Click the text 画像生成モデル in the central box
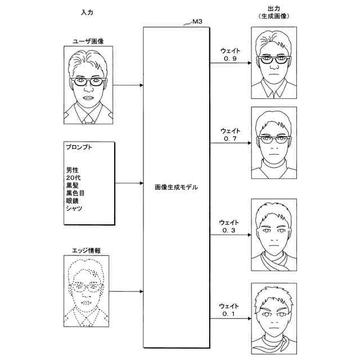[x=176, y=186]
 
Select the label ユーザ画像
[x=88, y=41]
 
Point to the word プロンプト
[x=79, y=148]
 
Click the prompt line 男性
[x=72, y=170]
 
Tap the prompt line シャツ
[x=74, y=209]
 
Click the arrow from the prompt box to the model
[x=129, y=183]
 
